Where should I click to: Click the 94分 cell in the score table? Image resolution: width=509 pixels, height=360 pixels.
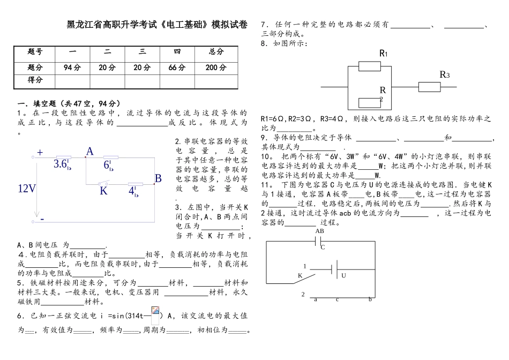(x=72, y=67)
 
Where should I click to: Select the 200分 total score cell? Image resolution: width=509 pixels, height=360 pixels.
(x=216, y=67)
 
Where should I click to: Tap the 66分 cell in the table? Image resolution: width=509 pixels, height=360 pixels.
(x=177, y=67)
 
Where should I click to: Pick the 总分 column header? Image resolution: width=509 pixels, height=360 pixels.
(x=216, y=52)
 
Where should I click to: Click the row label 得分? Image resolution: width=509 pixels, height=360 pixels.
(x=35, y=80)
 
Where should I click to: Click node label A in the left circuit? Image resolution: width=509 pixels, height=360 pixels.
(x=89, y=152)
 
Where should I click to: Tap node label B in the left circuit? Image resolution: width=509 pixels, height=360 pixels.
(x=158, y=178)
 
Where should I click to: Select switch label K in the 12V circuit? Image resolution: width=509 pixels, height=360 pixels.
(x=104, y=190)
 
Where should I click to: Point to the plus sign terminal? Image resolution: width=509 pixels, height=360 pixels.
(x=40, y=152)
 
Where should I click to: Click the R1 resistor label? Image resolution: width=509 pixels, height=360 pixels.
(x=384, y=53)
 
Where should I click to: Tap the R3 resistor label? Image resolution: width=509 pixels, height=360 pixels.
(x=444, y=74)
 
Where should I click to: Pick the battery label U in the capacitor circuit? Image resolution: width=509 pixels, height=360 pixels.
(x=343, y=275)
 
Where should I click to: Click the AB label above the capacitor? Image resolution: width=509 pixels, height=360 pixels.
(x=320, y=231)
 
